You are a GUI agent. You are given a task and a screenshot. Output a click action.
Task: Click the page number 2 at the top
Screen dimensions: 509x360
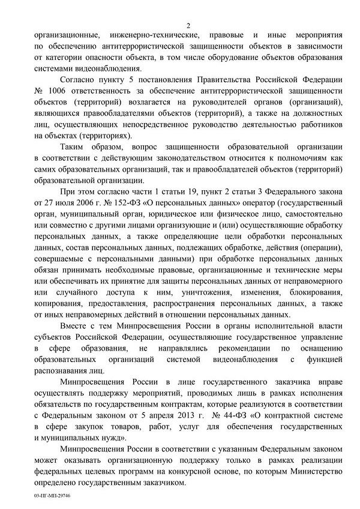[188, 25]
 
